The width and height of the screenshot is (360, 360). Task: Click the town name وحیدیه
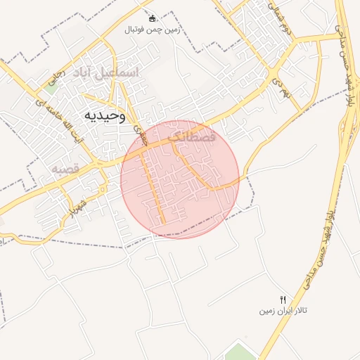coord(105,116)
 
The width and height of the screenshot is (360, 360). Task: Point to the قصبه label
coord(67,170)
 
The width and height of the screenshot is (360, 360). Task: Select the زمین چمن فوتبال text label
coord(153,30)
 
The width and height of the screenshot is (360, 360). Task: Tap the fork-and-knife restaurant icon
coord(283,300)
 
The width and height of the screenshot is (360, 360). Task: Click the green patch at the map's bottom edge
coord(239,351)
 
